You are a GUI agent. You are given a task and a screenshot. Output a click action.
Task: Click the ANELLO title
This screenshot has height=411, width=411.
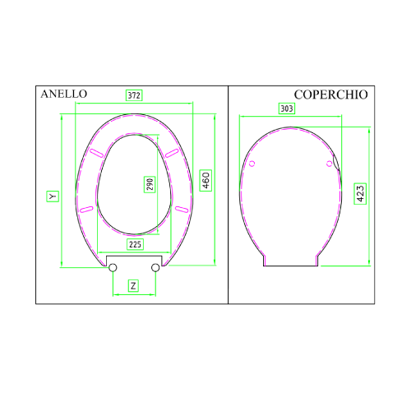(64, 94)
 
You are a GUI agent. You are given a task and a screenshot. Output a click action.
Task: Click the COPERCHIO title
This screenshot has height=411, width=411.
(330, 95)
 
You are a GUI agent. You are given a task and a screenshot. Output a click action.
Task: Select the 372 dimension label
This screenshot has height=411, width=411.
(134, 95)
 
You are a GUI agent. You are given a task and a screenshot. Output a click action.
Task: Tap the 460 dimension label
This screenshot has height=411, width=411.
(205, 180)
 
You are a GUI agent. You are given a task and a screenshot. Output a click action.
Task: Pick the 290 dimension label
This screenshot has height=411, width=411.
(150, 184)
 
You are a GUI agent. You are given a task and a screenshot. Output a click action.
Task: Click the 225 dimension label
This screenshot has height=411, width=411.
(135, 244)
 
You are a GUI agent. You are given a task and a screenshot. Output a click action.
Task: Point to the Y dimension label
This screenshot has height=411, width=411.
(53, 196)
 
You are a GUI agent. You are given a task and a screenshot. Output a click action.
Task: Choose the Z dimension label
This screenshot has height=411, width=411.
(133, 286)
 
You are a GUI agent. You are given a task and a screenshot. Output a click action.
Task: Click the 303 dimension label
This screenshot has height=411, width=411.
(287, 109)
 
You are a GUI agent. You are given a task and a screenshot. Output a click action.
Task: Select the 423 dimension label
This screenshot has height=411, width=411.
(360, 193)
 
